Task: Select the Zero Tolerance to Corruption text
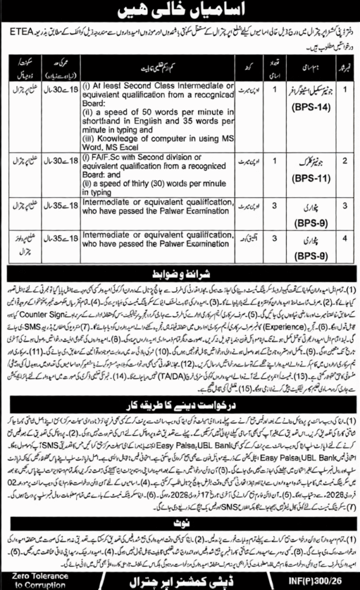pos(40,580)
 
